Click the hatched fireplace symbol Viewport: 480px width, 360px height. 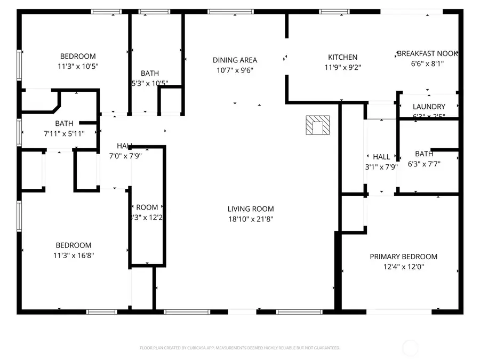click(x=317, y=126)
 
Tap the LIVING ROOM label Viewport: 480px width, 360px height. click(x=251, y=209)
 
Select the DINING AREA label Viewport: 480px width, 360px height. click(x=235, y=60)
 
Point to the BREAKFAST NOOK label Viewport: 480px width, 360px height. click(x=428, y=54)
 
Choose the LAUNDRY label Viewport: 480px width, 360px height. click(x=429, y=107)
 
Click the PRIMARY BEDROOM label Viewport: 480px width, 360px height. click(x=404, y=257)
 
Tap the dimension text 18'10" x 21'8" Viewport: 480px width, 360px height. click(x=251, y=219)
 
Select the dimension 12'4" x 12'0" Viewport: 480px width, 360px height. click(x=404, y=267)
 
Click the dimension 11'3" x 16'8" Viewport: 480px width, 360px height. click(x=75, y=255)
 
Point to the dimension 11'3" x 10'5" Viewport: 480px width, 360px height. click(x=78, y=66)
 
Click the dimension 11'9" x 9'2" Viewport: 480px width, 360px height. click(x=342, y=67)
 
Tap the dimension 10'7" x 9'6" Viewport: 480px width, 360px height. click(x=235, y=70)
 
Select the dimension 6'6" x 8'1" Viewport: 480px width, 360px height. click(x=428, y=63)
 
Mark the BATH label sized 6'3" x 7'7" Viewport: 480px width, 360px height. click(x=424, y=154)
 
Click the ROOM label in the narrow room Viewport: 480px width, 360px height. click(x=147, y=207)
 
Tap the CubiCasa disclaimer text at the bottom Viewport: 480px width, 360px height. click(x=239, y=348)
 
